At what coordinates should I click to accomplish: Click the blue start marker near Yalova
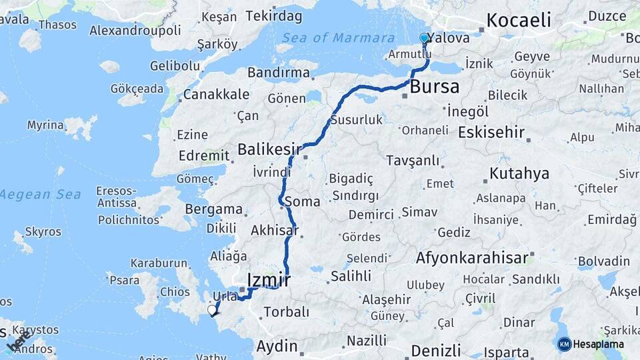[x=424, y=39]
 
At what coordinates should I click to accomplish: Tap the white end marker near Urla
[x=212, y=310]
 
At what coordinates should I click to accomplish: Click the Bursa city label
[x=434, y=86]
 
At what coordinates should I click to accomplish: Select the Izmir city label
[x=268, y=280]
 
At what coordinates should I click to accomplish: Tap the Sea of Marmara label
[x=338, y=37]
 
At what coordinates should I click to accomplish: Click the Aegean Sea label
[x=40, y=195]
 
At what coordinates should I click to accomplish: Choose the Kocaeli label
[x=519, y=20]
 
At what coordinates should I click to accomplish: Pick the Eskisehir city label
[x=491, y=131]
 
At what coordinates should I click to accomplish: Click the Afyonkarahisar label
[x=473, y=257]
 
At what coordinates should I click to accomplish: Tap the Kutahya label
[x=519, y=174]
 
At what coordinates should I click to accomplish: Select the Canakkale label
[x=216, y=95]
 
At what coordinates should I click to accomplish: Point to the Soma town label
[x=302, y=201]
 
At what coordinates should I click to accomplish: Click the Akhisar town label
[x=273, y=231]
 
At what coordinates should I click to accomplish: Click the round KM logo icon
[x=564, y=344]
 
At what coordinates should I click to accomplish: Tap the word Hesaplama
[x=598, y=344]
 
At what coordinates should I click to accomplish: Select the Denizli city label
[x=436, y=351]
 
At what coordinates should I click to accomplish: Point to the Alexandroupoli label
[x=135, y=30]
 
